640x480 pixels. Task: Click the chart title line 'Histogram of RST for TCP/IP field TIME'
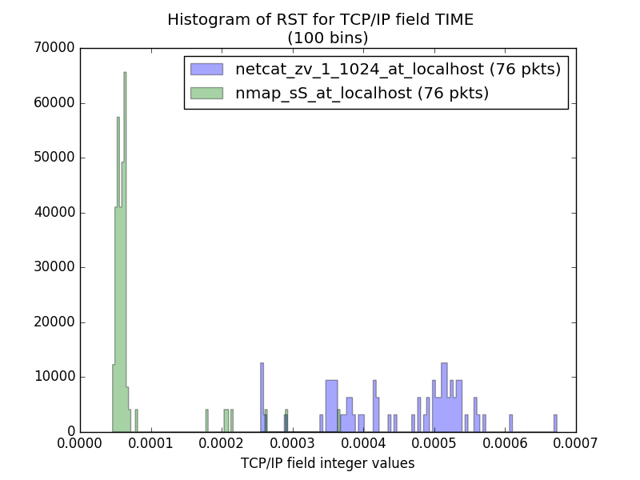point(320,20)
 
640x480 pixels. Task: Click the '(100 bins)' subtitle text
point(320,37)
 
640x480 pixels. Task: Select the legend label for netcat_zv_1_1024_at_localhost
point(398,69)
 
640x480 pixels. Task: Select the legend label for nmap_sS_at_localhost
point(362,94)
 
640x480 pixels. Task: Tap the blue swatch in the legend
point(206,69)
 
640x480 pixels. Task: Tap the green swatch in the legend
point(206,94)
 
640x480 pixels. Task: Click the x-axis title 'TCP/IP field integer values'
point(328,463)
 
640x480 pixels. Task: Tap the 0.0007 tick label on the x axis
point(575,442)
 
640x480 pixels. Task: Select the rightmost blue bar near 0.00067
point(555,423)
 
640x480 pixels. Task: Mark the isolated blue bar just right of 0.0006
point(511,423)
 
